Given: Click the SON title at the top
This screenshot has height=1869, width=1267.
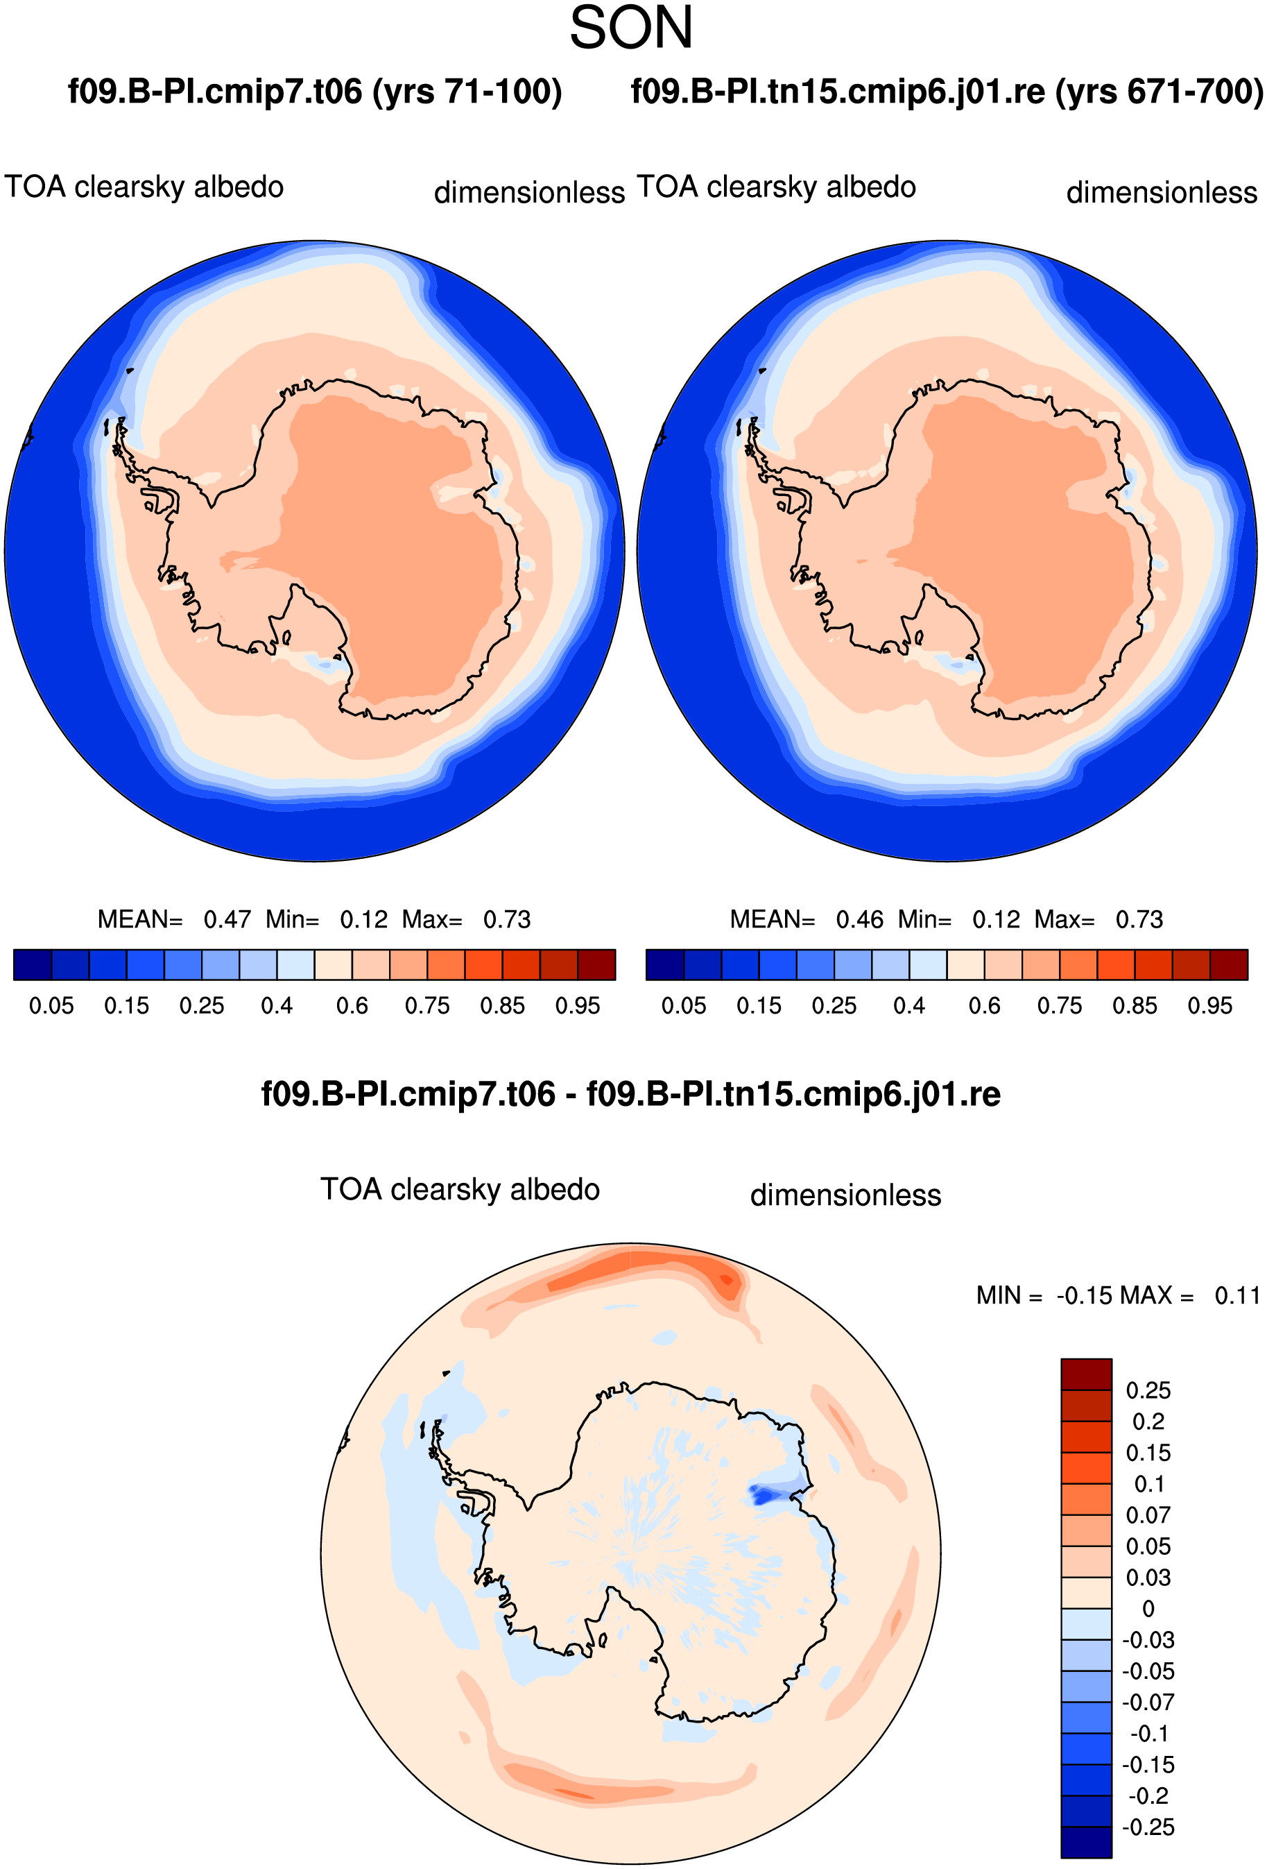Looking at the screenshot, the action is [x=631, y=28].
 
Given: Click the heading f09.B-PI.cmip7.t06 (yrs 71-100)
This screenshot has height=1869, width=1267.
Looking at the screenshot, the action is [x=314, y=92].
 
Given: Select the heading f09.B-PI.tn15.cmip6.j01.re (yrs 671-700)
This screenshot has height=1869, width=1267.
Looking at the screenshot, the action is [x=947, y=92].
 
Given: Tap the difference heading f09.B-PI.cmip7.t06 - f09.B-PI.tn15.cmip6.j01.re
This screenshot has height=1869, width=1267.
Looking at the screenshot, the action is [x=631, y=1095].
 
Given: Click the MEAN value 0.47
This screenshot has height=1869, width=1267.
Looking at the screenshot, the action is [x=227, y=919].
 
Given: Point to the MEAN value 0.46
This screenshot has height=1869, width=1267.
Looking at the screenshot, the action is [x=859, y=919].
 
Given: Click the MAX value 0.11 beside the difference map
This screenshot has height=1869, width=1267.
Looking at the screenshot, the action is [x=1237, y=1295].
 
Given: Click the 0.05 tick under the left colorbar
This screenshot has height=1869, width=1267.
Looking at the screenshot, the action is [x=51, y=1006].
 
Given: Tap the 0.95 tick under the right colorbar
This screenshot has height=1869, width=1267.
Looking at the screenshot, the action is [x=1210, y=1006].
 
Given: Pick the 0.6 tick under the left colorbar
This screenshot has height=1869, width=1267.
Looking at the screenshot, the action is [x=352, y=1006].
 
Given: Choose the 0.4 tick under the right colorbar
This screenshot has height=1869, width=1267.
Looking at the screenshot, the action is [x=909, y=1006].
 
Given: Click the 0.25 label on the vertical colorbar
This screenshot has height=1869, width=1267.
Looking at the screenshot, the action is [x=1148, y=1390].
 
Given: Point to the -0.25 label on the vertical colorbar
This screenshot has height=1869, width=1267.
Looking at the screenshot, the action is [x=1148, y=1827].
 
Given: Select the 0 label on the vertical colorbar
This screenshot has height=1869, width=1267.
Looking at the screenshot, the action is [x=1148, y=1610].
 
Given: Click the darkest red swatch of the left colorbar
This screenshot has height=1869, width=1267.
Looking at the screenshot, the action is [x=596, y=964].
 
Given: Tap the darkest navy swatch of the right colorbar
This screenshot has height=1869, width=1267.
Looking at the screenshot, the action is [x=665, y=964].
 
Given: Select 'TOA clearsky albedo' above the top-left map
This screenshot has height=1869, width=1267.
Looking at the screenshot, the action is [x=144, y=187].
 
